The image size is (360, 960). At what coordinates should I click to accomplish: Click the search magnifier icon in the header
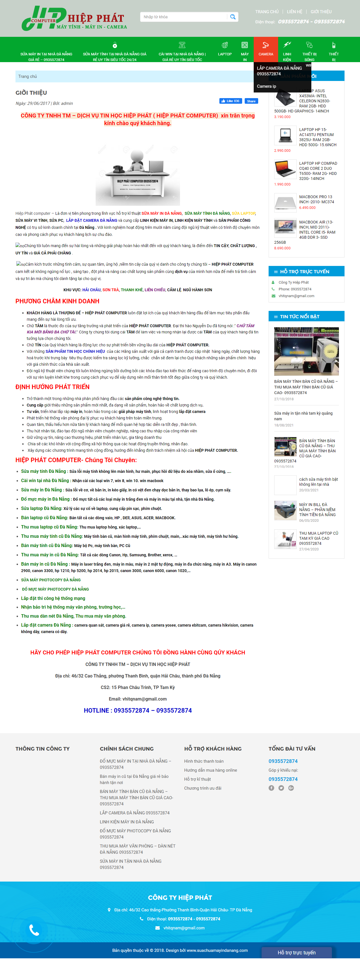point(233,17)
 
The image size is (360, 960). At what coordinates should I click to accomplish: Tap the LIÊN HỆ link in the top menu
point(294,12)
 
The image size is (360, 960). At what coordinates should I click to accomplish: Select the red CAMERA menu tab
point(266,49)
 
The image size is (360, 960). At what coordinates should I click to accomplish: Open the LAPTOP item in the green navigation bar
point(225,49)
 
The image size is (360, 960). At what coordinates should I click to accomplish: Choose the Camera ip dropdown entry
point(266,86)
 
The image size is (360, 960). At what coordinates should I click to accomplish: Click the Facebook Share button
point(251,101)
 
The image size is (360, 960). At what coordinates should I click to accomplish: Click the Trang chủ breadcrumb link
point(28,76)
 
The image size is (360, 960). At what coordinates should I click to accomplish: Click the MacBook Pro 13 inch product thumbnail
point(285,202)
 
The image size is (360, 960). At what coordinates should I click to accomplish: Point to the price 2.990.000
point(282,151)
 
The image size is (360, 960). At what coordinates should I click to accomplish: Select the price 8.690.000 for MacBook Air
point(282,248)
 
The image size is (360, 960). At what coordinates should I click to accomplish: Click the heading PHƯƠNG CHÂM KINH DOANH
point(57,301)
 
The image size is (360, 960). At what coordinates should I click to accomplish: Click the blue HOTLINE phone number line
point(138,710)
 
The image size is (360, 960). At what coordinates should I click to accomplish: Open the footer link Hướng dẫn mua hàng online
point(211,770)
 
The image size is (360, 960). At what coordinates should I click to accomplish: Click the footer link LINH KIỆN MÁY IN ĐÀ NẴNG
point(127,822)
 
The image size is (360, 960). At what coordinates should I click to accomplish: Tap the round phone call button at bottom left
point(34,930)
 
